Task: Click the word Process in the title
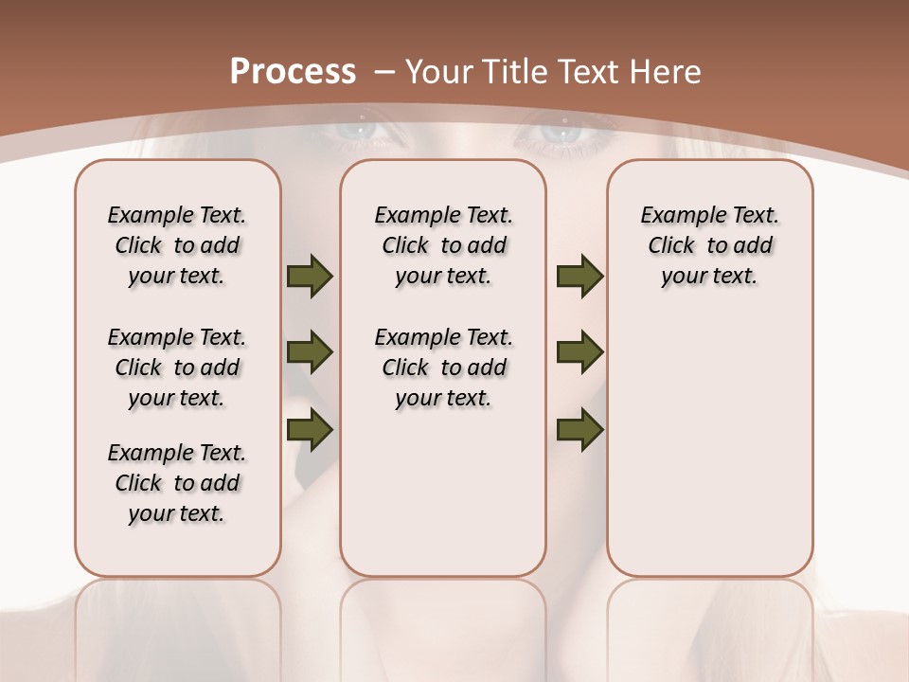pos(293,71)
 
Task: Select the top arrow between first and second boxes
pos(310,277)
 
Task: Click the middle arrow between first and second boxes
pos(310,352)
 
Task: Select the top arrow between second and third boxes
pos(579,277)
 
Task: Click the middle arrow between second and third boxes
pos(579,352)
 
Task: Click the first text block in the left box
pos(177,245)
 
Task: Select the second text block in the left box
pos(177,368)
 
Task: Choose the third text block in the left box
pos(177,483)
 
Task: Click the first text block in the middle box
pos(443,245)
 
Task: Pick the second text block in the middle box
pos(443,368)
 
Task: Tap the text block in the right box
pos(709,245)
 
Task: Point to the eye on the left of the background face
pos(361,132)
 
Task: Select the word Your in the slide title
pos(439,71)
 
